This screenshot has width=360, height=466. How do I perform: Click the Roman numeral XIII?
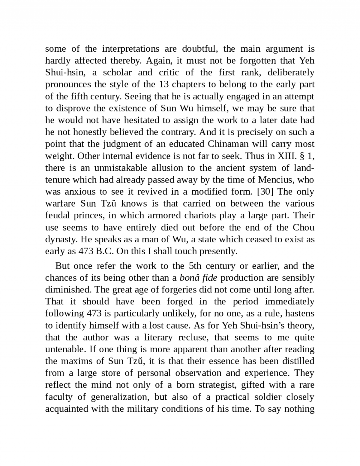(x=288, y=156)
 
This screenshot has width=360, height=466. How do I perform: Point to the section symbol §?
(x=303, y=156)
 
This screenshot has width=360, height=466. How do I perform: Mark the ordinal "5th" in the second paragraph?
(x=195, y=266)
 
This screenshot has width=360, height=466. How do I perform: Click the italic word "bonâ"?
(x=189, y=278)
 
